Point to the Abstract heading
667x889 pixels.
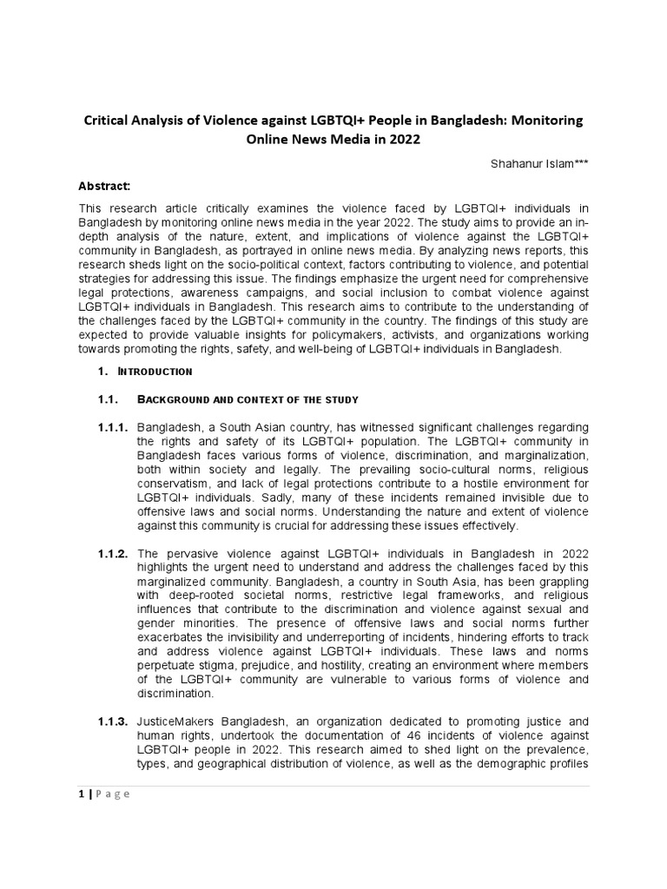[105, 186]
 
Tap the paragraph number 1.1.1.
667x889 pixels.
[113, 428]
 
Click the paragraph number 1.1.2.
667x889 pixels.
[113, 553]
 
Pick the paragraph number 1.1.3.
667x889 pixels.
[113, 721]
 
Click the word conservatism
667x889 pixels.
[177, 484]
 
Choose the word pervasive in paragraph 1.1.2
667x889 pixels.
[190, 553]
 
